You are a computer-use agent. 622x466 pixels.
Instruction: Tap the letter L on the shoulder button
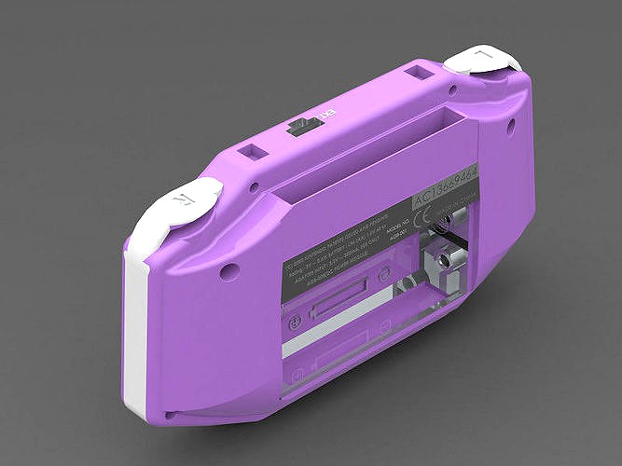(x=482, y=58)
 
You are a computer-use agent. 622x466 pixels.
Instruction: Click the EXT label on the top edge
(x=325, y=115)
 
